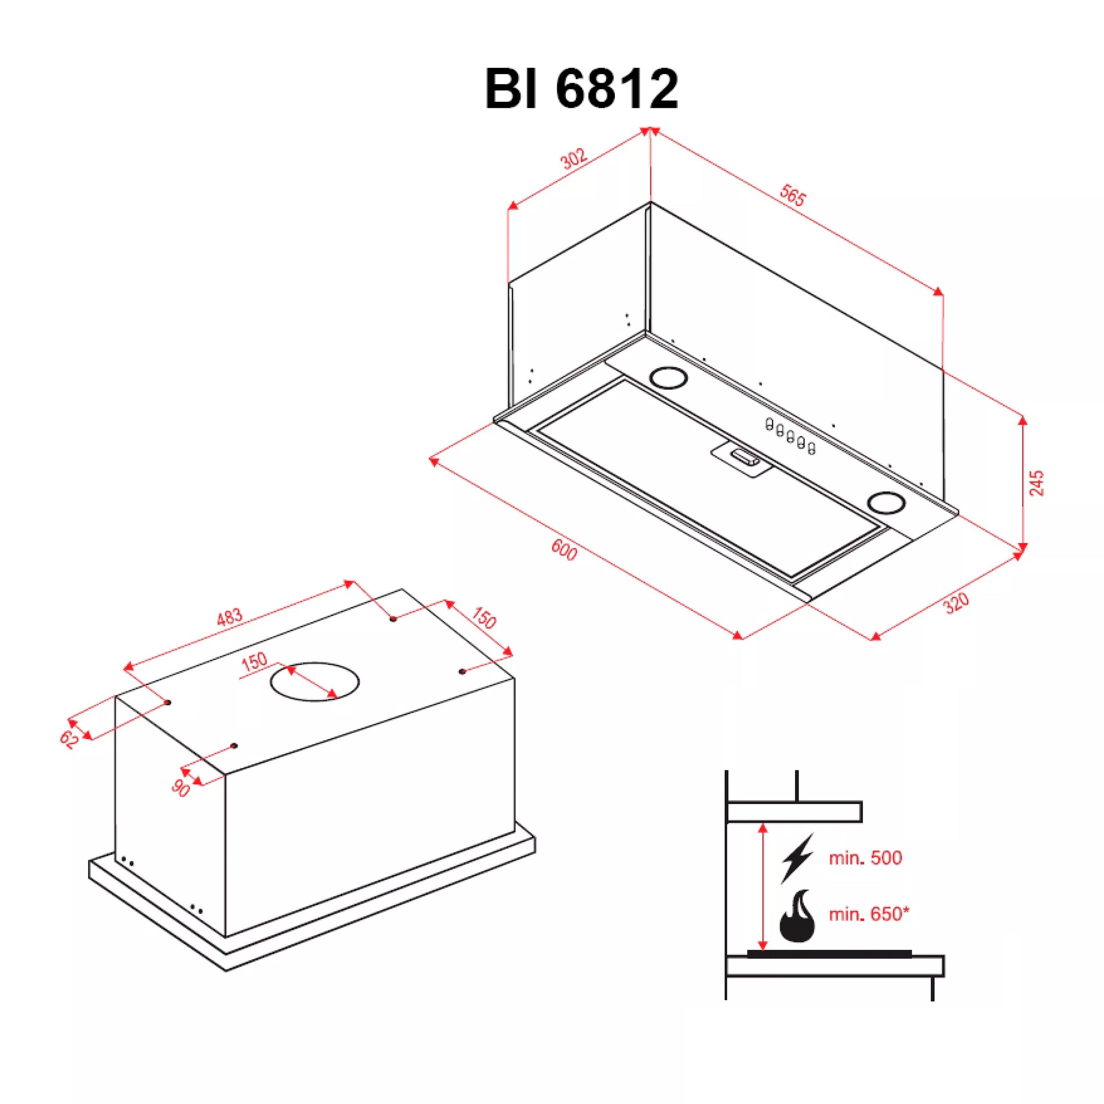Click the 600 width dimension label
click(564, 550)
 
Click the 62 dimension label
click(69, 739)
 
